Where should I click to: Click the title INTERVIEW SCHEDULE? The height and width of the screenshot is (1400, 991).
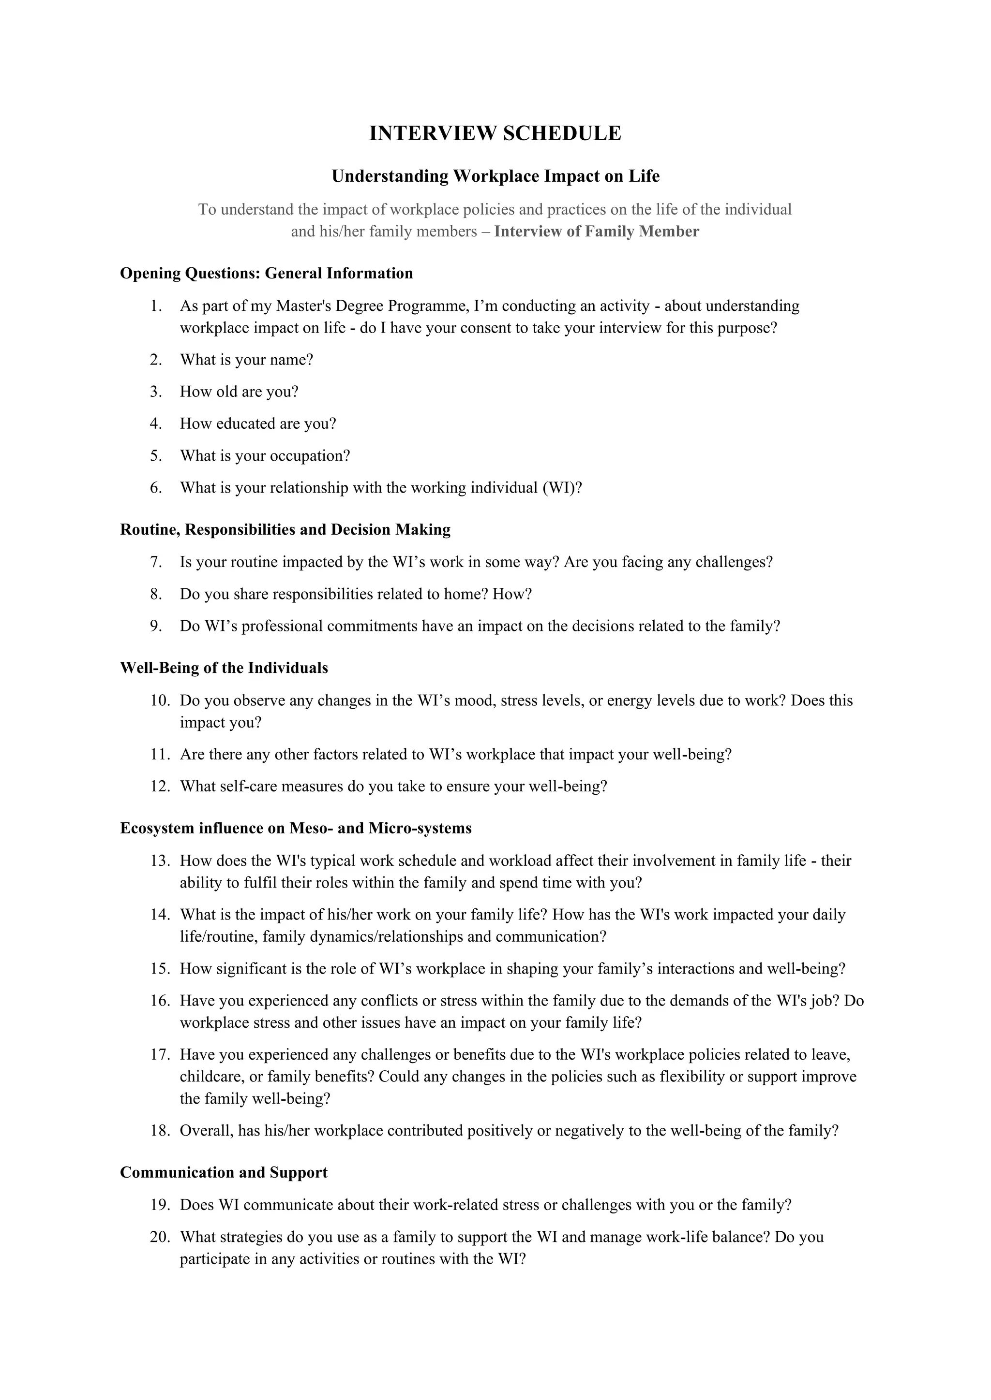point(495,133)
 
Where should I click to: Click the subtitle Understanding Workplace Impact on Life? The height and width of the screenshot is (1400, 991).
point(495,176)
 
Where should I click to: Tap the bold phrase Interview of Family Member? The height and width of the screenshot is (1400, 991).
point(596,232)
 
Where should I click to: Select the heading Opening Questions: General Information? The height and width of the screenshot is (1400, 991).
point(266,273)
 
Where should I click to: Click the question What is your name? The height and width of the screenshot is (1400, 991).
point(246,360)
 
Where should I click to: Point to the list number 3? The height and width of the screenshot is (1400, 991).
point(156,392)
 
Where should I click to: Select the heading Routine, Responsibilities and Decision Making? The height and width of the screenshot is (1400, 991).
point(285,529)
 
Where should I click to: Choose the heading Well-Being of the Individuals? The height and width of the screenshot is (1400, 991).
point(224,668)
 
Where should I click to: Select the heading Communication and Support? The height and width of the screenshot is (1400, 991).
point(224,1173)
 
